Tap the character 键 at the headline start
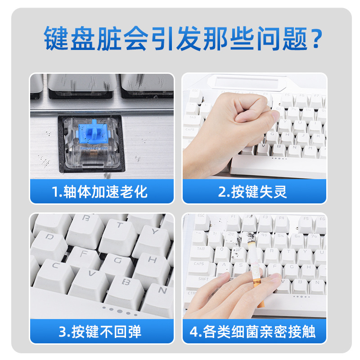[x=56, y=38]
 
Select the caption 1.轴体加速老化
[x=99, y=192]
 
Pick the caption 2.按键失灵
[x=252, y=192]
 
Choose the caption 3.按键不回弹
[x=100, y=332]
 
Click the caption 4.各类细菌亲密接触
[x=252, y=332]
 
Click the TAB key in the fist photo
[x=193, y=120]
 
